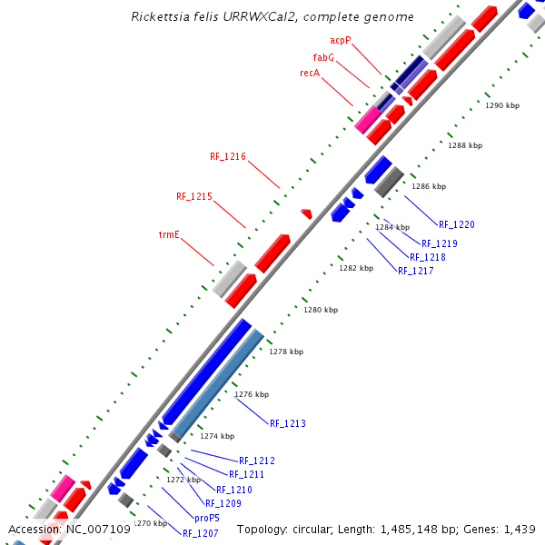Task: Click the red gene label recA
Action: (310, 73)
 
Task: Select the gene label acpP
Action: (341, 41)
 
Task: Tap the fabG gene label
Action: (324, 56)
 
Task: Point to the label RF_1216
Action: (228, 156)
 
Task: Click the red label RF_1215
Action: (194, 196)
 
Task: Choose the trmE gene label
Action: (169, 234)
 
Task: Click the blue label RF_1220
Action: (457, 224)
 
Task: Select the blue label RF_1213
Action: (288, 423)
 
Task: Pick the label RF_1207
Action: (200, 533)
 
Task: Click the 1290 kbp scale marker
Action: (502, 105)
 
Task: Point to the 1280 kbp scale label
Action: (321, 310)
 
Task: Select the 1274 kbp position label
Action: (217, 436)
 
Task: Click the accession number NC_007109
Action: (100, 529)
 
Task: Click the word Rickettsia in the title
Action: (159, 17)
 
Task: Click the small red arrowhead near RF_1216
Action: (306, 214)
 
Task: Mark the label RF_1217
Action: (416, 271)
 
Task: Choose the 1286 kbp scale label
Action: (429, 186)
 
